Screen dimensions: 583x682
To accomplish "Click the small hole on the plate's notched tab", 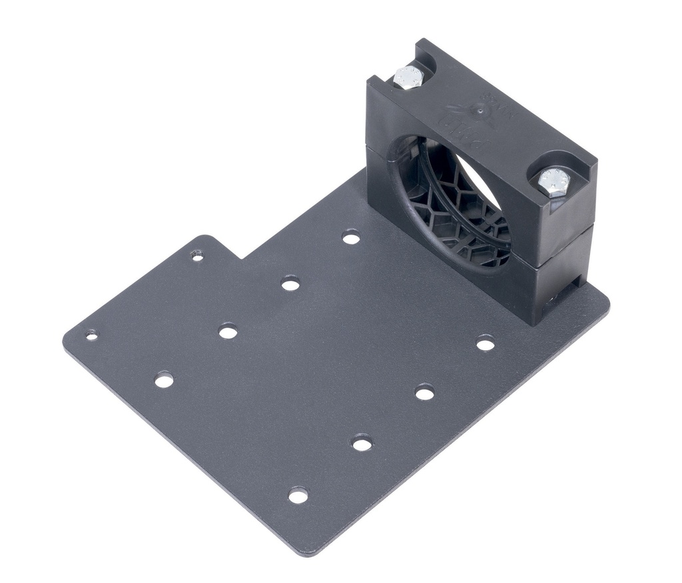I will coord(196,255).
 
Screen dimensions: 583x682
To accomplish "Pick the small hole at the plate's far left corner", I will coord(92,334).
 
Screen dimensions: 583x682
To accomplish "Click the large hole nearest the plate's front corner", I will coord(298,495).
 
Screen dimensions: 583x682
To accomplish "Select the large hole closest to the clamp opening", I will coord(351,237).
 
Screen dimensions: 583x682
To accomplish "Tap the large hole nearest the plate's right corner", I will coord(486,344).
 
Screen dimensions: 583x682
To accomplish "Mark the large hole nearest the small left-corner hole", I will coord(164,380).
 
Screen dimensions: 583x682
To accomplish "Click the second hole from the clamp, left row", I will coord(290,285).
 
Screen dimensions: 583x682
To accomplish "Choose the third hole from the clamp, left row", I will coord(228,330).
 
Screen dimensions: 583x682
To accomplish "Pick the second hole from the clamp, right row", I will coord(424,392).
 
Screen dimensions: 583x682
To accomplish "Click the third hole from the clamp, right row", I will coord(362,442).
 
